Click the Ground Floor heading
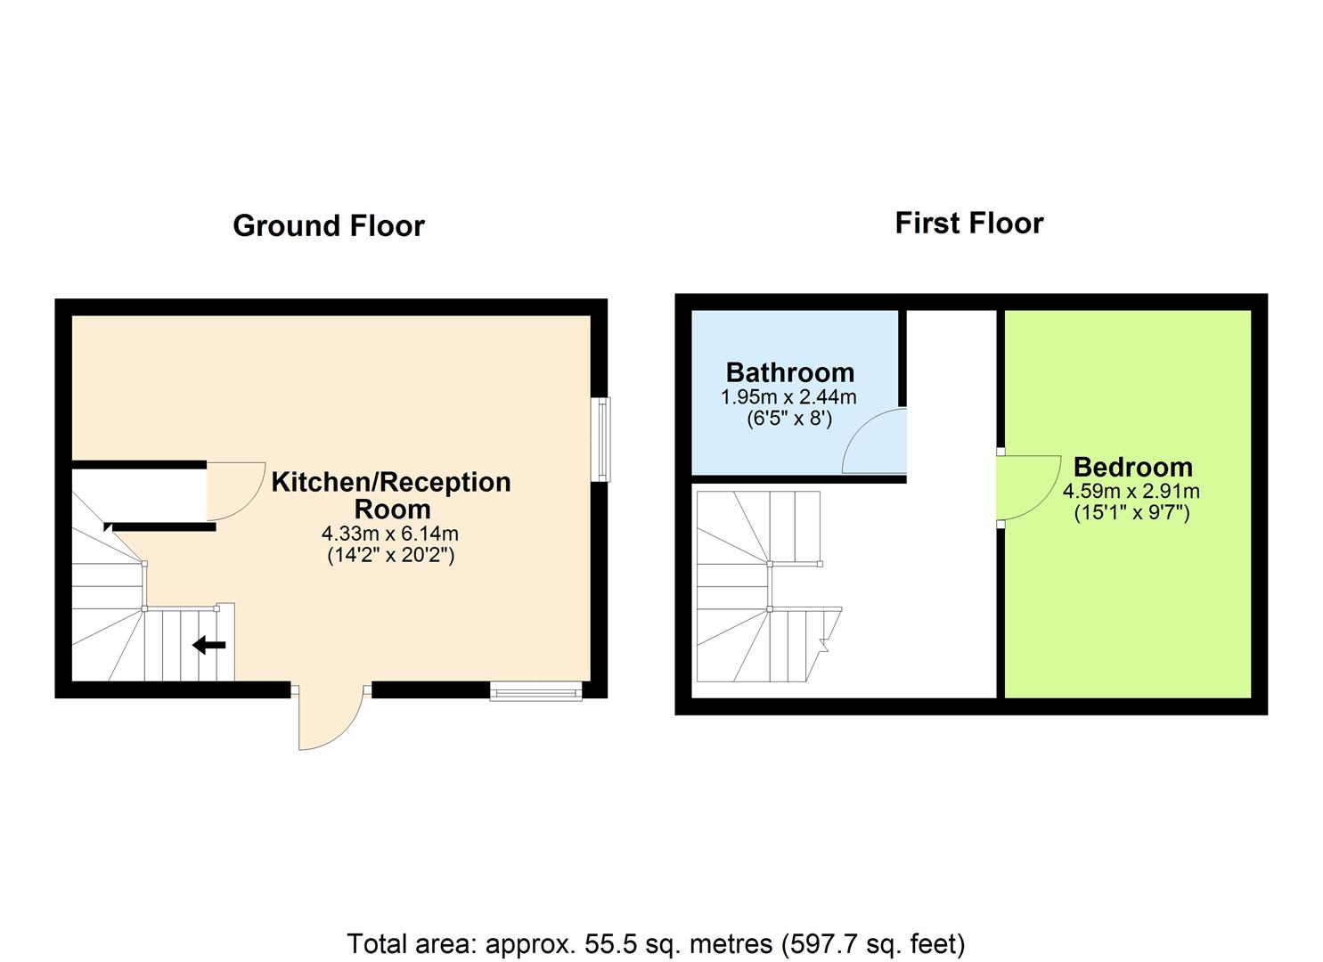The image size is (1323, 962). (x=328, y=226)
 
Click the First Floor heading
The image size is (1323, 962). (x=968, y=223)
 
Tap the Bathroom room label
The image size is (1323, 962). (x=789, y=372)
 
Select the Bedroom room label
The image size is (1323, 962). (x=1131, y=467)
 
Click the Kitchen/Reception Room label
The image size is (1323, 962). (x=391, y=495)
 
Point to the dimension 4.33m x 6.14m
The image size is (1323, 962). (x=390, y=534)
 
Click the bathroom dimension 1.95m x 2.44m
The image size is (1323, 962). (x=788, y=396)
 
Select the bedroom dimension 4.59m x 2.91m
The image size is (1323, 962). (x=1131, y=491)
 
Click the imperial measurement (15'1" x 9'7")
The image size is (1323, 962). (x=1131, y=512)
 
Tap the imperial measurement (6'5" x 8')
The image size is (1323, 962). (x=788, y=418)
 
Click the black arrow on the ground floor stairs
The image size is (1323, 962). (x=209, y=644)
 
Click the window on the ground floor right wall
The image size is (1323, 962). (x=602, y=439)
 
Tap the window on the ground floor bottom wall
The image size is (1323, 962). (x=535, y=690)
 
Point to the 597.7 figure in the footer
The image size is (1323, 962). (x=813, y=943)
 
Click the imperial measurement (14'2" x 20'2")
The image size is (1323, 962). (x=390, y=556)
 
